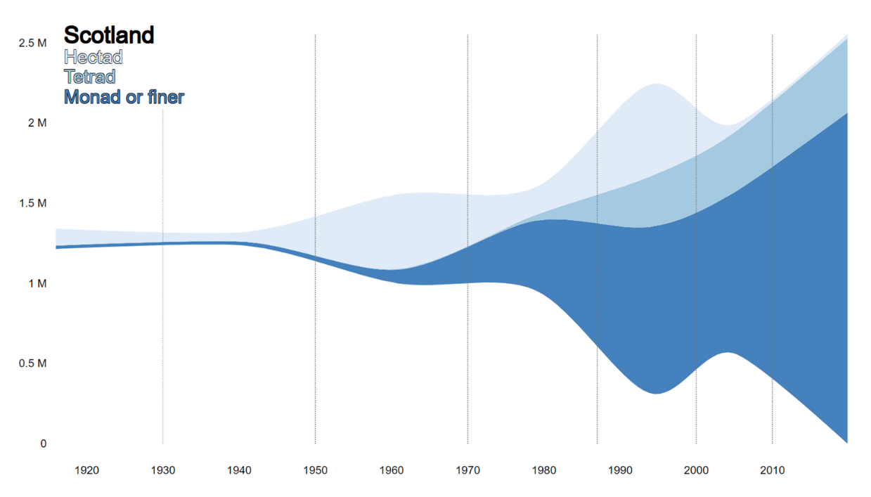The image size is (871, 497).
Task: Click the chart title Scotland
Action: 109,35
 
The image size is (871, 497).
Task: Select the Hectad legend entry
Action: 93,57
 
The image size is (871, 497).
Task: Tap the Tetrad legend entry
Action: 90,77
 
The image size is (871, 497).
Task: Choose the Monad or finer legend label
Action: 124,97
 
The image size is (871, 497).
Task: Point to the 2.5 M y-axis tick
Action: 32,43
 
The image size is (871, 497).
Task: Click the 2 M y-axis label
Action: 37,123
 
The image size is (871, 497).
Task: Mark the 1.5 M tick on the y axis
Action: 32,203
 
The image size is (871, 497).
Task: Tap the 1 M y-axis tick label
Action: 37,283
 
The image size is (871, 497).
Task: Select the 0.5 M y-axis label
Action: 32,363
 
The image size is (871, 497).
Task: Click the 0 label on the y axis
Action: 44,444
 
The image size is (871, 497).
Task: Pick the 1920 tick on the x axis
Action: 86,470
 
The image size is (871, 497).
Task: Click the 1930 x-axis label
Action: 163,470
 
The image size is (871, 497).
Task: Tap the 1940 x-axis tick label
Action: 239,470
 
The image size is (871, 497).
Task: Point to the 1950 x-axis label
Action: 316,470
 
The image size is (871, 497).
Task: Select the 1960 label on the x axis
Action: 392,470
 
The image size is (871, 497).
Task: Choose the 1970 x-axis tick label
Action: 467,470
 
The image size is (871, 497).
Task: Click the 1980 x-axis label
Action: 544,470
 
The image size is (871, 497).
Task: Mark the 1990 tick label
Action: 620,470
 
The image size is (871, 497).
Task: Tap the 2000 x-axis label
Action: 697,470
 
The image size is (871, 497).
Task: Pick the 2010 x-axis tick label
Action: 773,470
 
